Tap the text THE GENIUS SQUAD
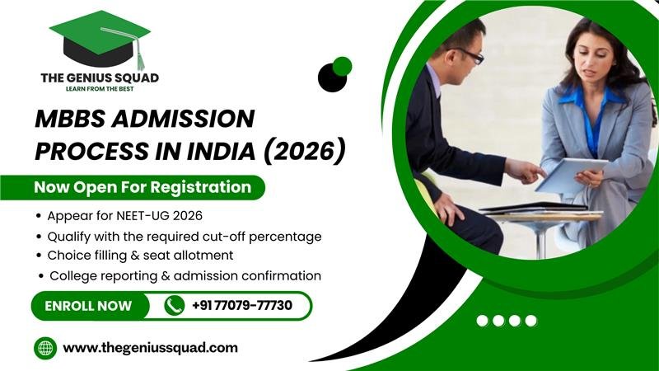(100, 77)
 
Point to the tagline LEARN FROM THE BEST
(100, 90)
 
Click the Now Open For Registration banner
(143, 187)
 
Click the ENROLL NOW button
(88, 306)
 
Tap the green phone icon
(174, 306)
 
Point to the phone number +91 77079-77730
(241, 306)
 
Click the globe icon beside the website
(44, 348)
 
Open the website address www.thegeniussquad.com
(150, 348)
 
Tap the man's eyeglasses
(470, 54)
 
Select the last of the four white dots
(530, 321)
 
